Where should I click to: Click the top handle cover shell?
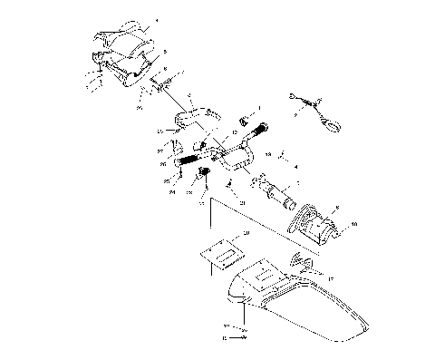coord(121,38)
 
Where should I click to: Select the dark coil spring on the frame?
coord(188,163)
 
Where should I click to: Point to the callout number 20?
coord(246,234)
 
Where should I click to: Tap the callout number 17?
coord(330,278)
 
